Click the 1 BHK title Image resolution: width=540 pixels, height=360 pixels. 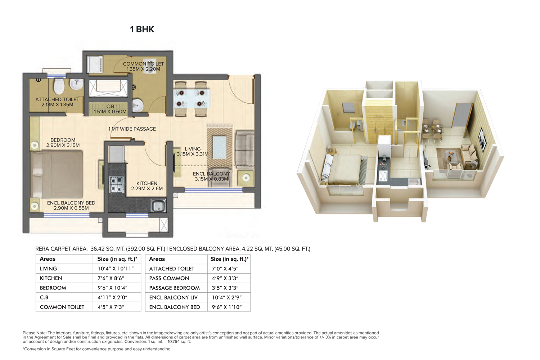coord(142,29)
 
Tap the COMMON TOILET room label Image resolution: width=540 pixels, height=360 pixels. coord(143,64)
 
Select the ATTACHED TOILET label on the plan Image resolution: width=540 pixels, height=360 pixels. coord(57,99)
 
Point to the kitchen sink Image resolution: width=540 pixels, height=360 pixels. coord(158,206)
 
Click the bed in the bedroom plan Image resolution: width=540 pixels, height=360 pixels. coord(57,174)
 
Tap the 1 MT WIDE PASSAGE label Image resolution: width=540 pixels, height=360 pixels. coord(132,129)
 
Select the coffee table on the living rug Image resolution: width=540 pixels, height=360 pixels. coord(219,147)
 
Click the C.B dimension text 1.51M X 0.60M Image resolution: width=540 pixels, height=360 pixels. coord(110,112)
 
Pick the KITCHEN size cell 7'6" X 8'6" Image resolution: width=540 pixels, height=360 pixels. coord(111,278)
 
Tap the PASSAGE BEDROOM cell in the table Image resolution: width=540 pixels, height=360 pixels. coord(174,288)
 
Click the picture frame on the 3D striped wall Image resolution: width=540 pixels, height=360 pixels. coord(483,140)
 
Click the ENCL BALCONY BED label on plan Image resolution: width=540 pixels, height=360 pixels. coord(71,203)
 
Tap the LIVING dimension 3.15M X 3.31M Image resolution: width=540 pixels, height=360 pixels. coord(193,154)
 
